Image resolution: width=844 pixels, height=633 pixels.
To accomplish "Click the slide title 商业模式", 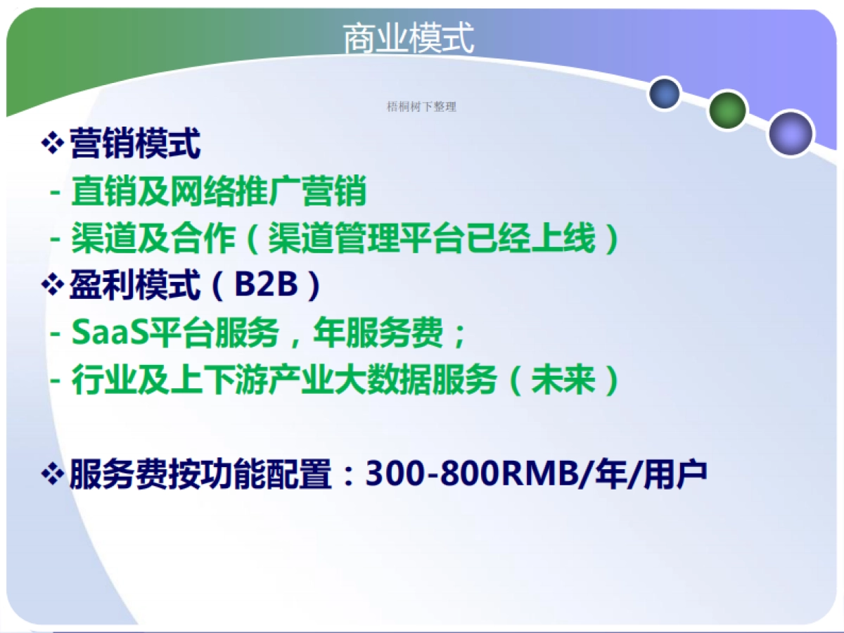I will pyautogui.click(x=409, y=39).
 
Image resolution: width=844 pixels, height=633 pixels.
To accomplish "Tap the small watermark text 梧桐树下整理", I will pyautogui.click(x=422, y=107).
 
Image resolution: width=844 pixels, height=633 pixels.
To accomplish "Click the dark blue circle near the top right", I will pyautogui.click(x=664, y=94).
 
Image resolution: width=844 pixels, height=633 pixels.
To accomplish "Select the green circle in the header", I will pyautogui.click(x=727, y=110).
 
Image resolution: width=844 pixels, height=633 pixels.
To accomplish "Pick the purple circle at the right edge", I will pyautogui.click(x=791, y=133).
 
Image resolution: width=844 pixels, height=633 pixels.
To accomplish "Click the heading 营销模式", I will pyautogui.click(x=135, y=144).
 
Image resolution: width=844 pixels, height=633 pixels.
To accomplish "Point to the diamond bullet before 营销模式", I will pyautogui.click(x=53, y=144).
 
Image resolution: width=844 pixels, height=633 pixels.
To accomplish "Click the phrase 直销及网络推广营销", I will pyautogui.click(x=219, y=191).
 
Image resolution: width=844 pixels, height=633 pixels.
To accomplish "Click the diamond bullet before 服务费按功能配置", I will pyautogui.click(x=53, y=475).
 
